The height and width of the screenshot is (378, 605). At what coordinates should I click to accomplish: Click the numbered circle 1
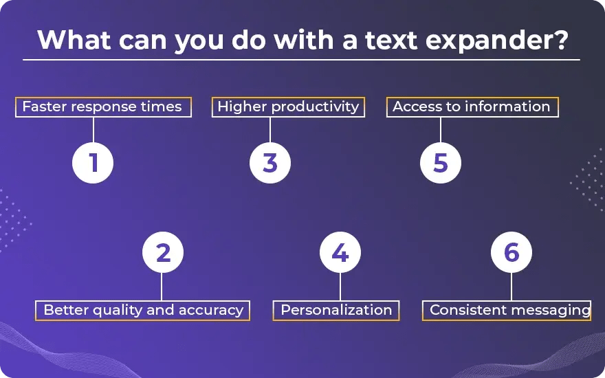point(93,163)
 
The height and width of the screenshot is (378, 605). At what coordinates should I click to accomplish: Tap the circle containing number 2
point(162,253)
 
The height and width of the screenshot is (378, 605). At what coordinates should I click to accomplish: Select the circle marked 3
point(270,163)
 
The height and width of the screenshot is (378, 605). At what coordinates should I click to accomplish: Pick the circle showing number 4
point(340,253)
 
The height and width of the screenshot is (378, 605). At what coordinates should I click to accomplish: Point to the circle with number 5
point(441,163)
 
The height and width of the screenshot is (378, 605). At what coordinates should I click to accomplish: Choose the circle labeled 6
point(511,253)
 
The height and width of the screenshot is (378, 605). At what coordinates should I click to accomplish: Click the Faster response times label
point(102,107)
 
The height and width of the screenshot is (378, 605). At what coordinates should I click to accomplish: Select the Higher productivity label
point(288,107)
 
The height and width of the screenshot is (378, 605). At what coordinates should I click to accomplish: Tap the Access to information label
point(472,107)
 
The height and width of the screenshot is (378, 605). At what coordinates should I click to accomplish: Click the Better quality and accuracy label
point(143,310)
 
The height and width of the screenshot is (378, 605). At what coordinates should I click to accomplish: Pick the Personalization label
point(336,310)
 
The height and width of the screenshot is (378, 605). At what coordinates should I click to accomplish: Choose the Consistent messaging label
point(509,310)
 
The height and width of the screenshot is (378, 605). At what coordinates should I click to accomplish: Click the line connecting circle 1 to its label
point(93,130)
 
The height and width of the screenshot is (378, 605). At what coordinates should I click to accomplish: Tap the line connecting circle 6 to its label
point(511,287)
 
